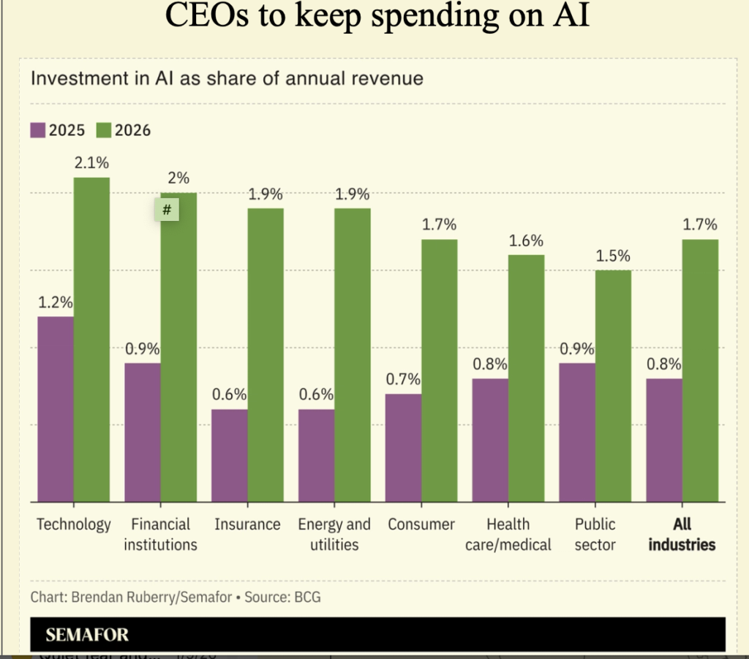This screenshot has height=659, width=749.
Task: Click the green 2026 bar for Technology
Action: click(91, 339)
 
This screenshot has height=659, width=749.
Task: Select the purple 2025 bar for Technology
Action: click(56, 409)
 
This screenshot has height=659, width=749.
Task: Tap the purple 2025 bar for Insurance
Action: click(229, 456)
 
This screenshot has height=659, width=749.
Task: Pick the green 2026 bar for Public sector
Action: click(613, 386)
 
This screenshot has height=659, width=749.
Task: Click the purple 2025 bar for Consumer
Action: click(403, 448)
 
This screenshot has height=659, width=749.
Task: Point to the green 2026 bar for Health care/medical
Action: click(526, 378)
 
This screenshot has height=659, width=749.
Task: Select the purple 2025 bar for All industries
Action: click(664, 440)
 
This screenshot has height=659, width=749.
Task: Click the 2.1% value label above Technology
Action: click(91, 163)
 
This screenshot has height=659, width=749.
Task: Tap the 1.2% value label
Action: click(55, 302)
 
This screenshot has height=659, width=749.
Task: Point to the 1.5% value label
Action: click(613, 256)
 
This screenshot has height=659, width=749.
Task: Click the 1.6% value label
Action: click(526, 241)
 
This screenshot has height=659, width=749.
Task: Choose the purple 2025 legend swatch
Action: click(38, 130)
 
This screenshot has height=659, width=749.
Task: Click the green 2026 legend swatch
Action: click(103, 130)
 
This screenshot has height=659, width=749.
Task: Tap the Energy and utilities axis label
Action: click(334, 534)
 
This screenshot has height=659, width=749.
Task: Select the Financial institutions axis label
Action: click(160, 534)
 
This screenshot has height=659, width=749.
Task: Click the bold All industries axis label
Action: click(682, 534)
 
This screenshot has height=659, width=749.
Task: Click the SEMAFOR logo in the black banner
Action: click(87, 635)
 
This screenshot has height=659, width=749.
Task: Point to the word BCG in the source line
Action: click(306, 597)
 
